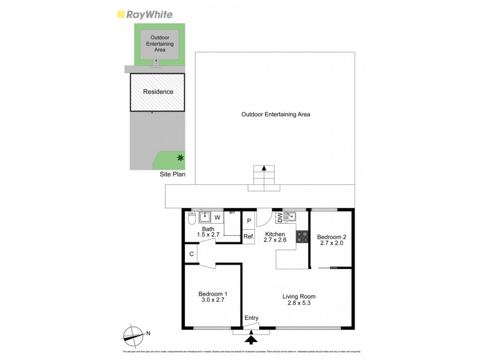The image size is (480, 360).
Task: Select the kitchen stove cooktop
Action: tap(302, 236)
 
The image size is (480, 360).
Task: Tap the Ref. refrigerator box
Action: tap(249, 236)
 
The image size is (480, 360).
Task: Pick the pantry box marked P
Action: tap(248, 221)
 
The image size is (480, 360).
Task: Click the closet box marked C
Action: tap(191, 254)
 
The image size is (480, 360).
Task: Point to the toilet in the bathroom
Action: tap(191, 220)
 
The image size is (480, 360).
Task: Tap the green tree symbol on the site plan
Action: tap(180, 158)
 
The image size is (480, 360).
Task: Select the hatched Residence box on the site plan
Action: tap(158, 92)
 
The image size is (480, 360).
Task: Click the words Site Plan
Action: tap(173, 175)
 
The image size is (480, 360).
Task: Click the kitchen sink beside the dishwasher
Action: tap(290, 216)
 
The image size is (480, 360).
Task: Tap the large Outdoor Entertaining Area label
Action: tap(275, 114)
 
